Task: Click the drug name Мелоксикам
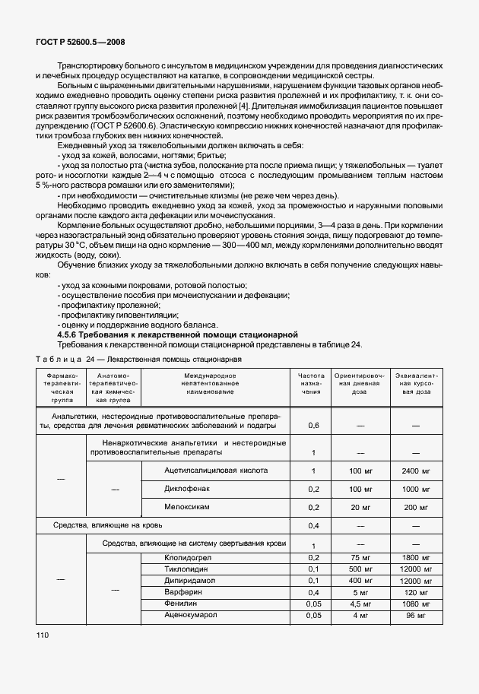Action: pos(186,506)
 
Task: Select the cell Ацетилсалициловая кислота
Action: pos(215,471)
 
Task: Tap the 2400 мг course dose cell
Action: pos(416,471)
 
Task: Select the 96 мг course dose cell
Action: pos(416,615)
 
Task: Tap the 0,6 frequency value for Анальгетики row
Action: pos(312,426)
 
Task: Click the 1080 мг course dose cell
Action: pos(416,604)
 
